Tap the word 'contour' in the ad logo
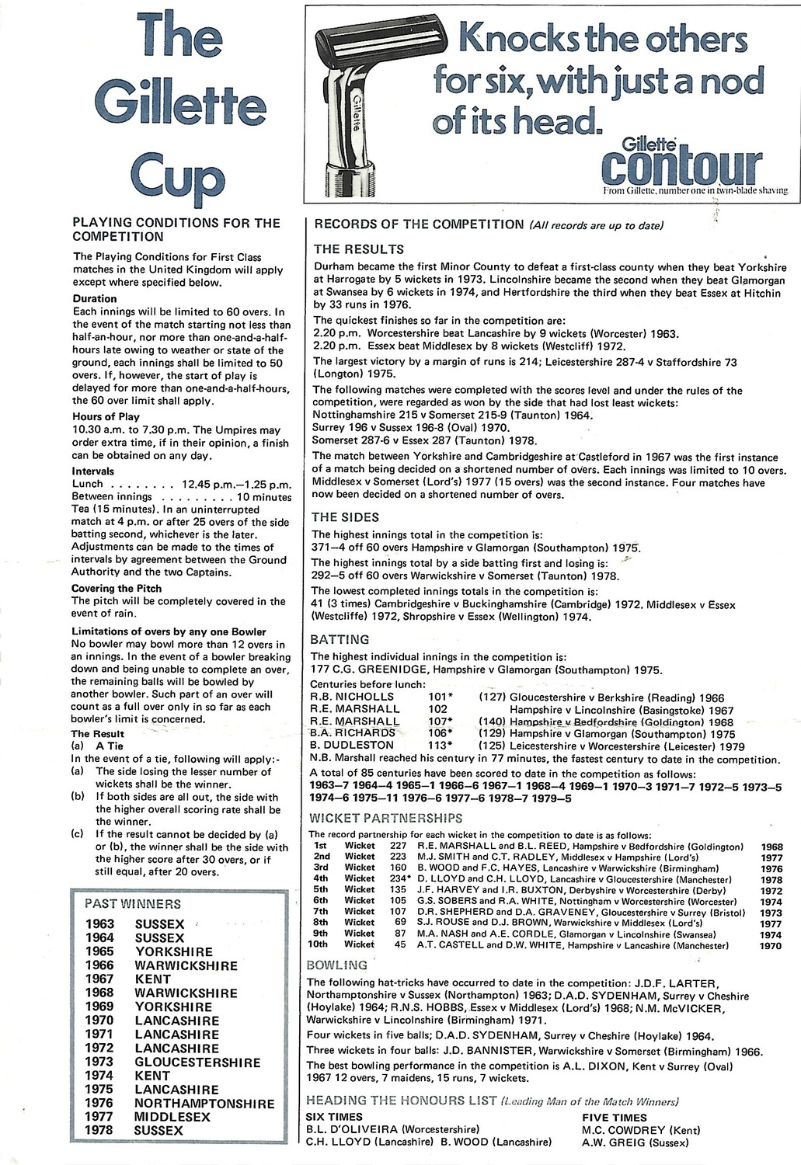pos(681,165)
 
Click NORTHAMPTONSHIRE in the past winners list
pos(204,1104)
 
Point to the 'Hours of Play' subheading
pos(106,417)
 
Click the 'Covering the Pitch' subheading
pos(117,588)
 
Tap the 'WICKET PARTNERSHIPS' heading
pos(385,818)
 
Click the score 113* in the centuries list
pos(441,745)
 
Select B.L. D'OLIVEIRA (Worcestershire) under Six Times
pos(392,1129)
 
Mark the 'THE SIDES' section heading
pos(344,516)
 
